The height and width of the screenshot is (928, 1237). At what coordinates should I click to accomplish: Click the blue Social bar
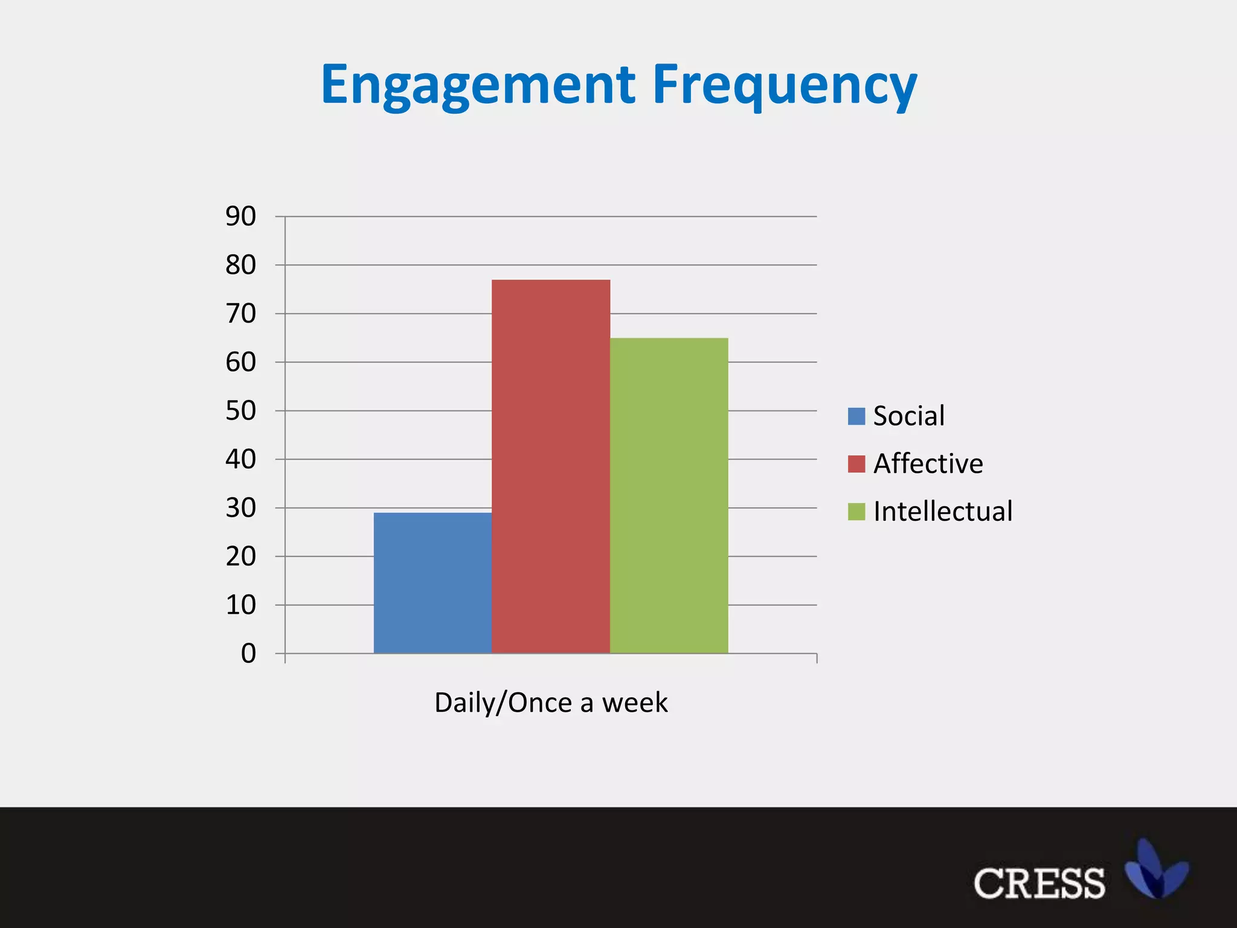(432, 583)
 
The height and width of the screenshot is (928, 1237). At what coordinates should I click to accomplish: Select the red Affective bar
(551, 466)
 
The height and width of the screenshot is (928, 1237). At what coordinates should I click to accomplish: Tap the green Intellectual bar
(669, 495)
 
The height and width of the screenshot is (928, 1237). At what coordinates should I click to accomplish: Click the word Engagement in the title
(478, 85)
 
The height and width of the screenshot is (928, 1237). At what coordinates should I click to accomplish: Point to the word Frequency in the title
(785, 85)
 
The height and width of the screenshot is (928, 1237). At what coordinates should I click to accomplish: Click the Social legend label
(908, 416)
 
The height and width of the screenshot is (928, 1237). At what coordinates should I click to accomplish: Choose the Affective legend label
(928, 463)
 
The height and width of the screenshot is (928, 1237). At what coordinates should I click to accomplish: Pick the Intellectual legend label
(942, 511)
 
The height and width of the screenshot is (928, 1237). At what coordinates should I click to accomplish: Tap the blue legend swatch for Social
(856, 416)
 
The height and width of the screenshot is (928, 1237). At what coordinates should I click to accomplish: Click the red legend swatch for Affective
(856, 464)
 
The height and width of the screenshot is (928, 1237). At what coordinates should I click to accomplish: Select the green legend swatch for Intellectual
(856, 512)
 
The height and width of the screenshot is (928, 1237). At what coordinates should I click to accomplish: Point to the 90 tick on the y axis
(240, 216)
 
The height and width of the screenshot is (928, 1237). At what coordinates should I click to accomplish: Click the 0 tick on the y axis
(248, 654)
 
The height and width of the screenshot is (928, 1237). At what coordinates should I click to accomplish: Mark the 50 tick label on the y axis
(240, 411)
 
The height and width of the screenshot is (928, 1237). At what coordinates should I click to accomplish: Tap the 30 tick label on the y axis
(240, 508)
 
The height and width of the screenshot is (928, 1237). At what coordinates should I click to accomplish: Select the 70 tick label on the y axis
(240, 314)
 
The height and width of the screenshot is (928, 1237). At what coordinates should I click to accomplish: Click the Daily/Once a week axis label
(551, 703)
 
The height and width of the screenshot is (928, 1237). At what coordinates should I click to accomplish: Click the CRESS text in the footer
(1039, 884)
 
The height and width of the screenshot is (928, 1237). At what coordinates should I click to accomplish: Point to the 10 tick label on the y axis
(240, 605)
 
